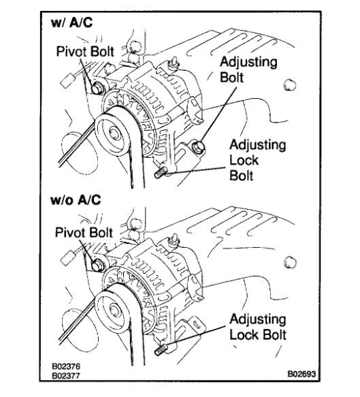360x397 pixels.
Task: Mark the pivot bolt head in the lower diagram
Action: (98, 264)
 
